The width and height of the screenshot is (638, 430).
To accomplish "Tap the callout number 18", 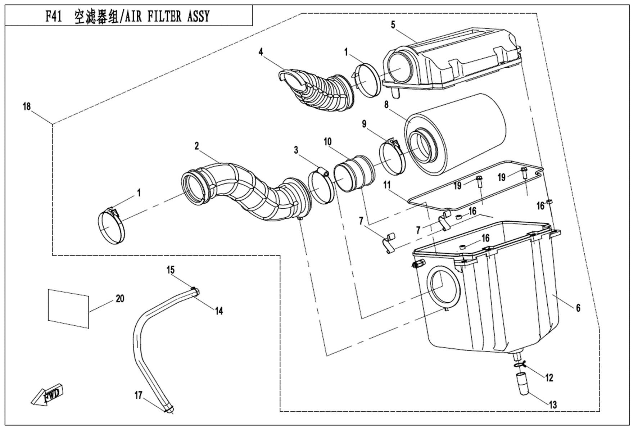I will point(27,107).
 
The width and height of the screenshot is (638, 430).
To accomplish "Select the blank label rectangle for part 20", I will point(68,308).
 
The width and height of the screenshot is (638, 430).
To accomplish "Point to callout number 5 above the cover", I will point(393,24).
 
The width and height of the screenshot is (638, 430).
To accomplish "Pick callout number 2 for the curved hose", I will point(196,146).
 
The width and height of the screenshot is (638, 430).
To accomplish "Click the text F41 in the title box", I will point(54,17).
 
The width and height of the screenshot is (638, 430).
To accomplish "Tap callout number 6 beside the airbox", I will point(578,308).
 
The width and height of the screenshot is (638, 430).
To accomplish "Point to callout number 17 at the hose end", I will point(139,395).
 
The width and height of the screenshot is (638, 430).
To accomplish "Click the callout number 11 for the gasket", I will point(387,185).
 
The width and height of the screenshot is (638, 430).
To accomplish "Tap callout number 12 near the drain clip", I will point(549,377).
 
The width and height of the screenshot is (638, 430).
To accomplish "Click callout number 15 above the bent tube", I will point(170,270).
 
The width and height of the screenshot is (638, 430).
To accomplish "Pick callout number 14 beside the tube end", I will point(219,311).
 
